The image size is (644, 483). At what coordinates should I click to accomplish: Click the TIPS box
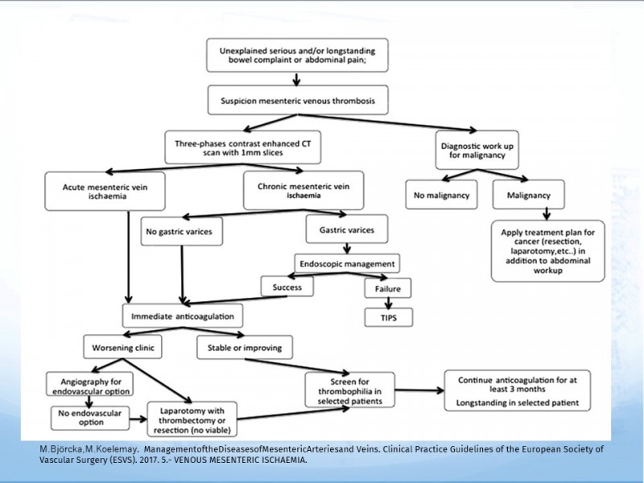coord(389,317)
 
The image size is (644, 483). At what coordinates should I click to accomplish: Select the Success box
coord(287,287)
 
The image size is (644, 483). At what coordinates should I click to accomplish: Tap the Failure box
coord(388,288)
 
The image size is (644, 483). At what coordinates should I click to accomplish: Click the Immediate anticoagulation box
coord(183,316)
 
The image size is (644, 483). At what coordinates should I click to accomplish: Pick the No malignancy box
coord(441,195)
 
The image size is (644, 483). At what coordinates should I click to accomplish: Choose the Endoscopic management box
coord(347,263)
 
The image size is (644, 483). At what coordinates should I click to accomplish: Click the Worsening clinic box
coord(123,347)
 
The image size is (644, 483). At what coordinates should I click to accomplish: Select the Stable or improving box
coord(245,348)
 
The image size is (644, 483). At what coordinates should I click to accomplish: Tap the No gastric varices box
coord(182,231)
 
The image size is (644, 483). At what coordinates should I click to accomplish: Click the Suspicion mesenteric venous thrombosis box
coord(298,100)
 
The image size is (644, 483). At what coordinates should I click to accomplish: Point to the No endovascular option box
coord(90,418)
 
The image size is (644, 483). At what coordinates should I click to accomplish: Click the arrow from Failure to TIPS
coord(388,303)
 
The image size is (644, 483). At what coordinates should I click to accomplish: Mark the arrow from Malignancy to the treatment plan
coord(547,214)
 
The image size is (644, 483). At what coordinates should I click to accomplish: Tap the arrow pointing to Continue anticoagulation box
coord(419,390)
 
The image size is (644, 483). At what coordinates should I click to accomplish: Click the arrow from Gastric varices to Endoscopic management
coord(347,249)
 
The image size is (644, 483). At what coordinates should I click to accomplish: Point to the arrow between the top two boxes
coord(296,79)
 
